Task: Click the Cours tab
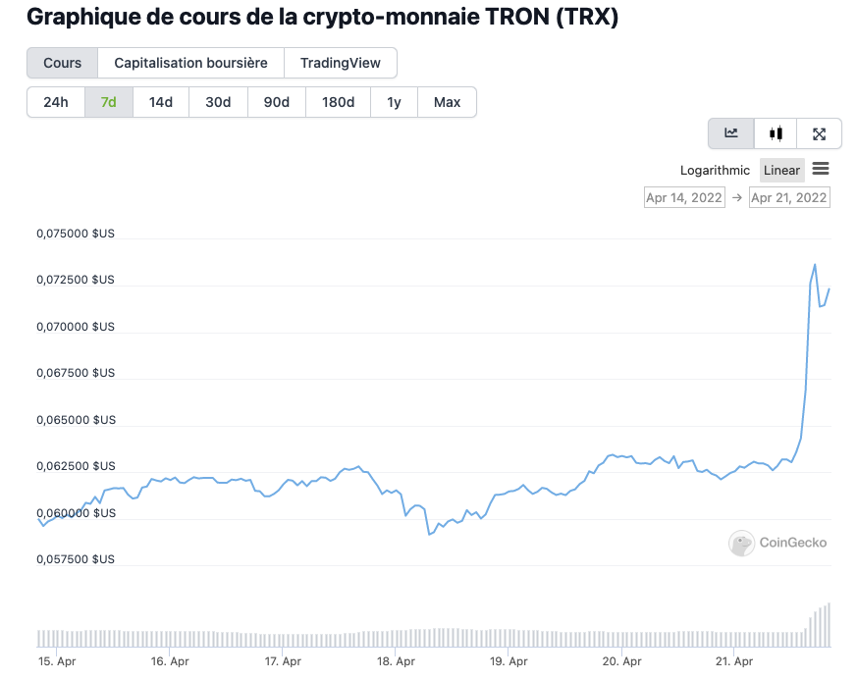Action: (62, 63)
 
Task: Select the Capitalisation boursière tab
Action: (190, 63)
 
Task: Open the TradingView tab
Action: (340, 63)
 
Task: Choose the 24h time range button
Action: (56, 102)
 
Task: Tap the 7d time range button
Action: (109, 102)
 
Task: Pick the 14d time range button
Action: (161, 102)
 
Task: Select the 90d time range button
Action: (277, 102)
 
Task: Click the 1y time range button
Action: (394, 102)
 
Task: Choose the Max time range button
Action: (447, 102)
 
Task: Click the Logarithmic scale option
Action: (715, 170)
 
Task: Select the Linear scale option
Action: (781, 170)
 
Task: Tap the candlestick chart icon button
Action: (777, 133)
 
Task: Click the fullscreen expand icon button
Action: (819, 133)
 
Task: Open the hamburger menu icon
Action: (821, 169)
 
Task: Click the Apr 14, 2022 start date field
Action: (683, 197)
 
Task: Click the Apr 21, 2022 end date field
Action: (788, 197)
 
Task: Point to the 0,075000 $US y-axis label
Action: (76, 234)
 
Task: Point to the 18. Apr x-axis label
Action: (394, 661)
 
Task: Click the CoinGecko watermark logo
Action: (777, 543)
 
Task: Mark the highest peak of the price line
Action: (815, 264)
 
